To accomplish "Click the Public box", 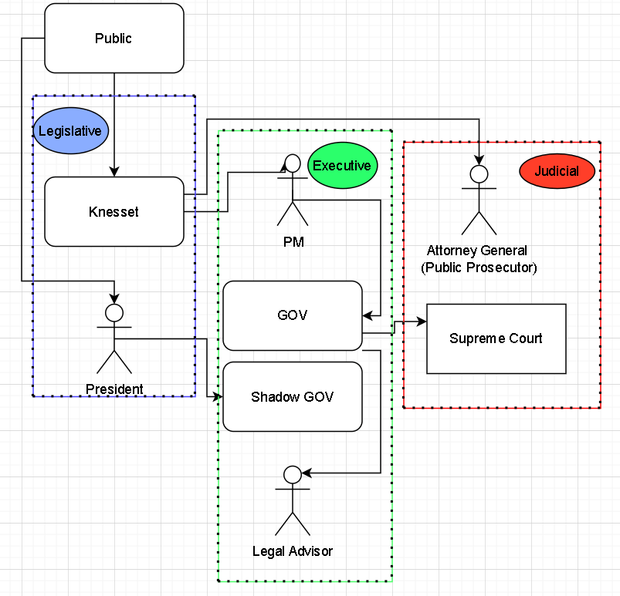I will [113, 39].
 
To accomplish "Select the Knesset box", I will [113, 211].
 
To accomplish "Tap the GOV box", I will [292, 315].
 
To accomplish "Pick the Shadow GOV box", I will [292, 397].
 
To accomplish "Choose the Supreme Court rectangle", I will [496, 338].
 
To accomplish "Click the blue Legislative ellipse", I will [70, 131].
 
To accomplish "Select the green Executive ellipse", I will [341, 166].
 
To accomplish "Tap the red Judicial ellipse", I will [557, 171].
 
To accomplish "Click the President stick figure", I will [114, 338].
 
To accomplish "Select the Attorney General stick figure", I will [479, 200].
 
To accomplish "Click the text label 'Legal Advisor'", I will [293, 551].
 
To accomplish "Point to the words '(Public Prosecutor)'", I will [479, 268].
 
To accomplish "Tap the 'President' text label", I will [114, 389].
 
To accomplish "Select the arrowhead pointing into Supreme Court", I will [422, 322].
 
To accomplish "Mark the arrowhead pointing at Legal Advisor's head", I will [306, 473].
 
